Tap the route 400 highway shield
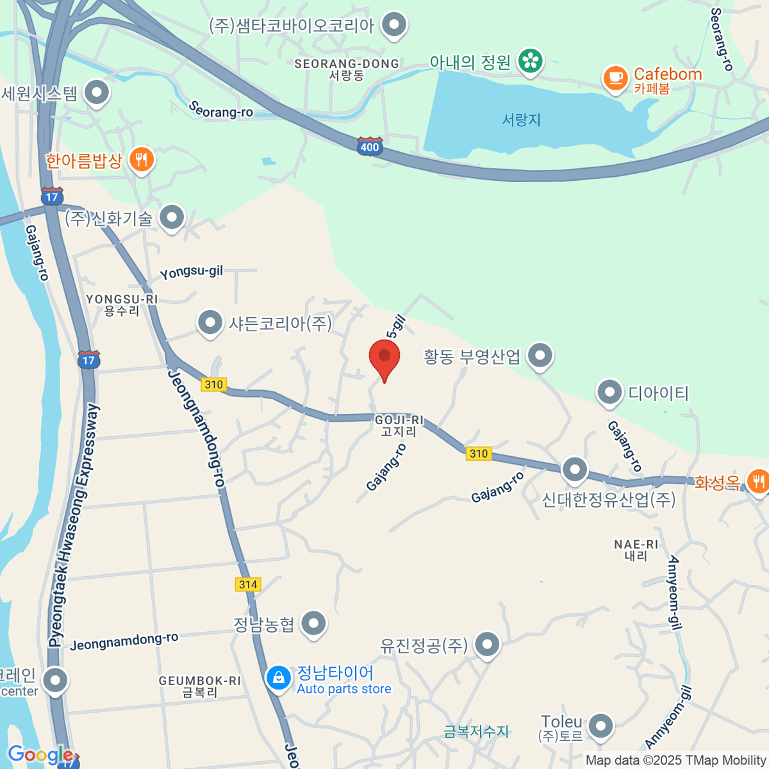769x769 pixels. [x=370, y=147]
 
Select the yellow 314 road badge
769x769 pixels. [x=248, y=584]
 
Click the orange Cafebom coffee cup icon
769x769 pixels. [x=615, y=78]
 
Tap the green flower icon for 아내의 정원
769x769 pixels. [x=531, y=62]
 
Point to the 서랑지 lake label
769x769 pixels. [x=521, y=120]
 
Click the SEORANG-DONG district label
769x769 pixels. [x=347, y=69]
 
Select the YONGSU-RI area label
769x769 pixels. [x=122, y=304]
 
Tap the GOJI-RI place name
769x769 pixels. [x=399, y=426]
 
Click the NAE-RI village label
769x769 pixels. [x=636, y=550]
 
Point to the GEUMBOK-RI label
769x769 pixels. [x=200, y=686]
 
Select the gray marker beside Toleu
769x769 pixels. [x=601, y=726]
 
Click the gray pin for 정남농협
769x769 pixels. [x=313, y=622]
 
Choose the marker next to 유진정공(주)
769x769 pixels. [x=487, y=645]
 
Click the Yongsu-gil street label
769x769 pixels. [x=192, y=272]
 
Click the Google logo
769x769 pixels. [x=40, y=755]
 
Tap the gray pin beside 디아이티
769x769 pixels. [x=609, y=392]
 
